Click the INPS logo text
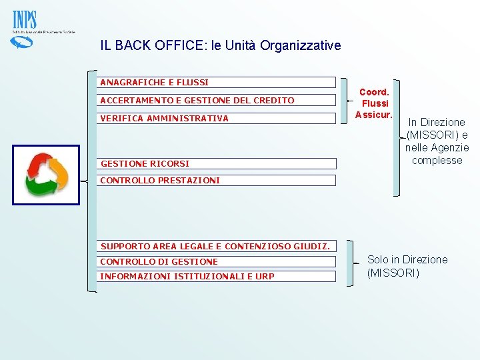coord(25,20)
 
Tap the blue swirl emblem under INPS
coord(22,42)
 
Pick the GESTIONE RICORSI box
coord(217,163)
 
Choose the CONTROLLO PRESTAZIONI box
coord(217,180)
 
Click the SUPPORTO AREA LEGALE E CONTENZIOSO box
coord(217,247)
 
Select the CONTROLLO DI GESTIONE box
coord(217,262)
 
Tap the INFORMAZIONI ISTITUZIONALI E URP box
coord(217,277)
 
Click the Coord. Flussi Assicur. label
coord(374,103)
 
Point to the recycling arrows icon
coord(45,175)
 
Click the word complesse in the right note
coord(437,161)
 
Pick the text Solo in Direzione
coord(407,259)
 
